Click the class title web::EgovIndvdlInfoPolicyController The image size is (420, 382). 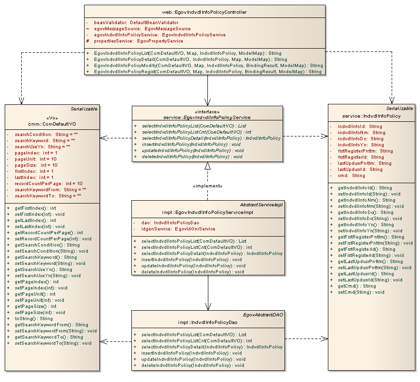205,12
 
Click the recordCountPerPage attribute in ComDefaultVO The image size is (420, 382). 48,183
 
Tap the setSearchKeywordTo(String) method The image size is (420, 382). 53,343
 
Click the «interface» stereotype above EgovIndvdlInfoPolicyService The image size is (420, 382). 208,111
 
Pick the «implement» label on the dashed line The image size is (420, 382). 207,186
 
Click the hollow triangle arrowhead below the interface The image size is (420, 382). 207,166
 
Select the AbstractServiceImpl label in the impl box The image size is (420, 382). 264,204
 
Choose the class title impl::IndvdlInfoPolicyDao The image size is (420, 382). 207,323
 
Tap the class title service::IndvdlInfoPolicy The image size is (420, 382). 371,116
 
